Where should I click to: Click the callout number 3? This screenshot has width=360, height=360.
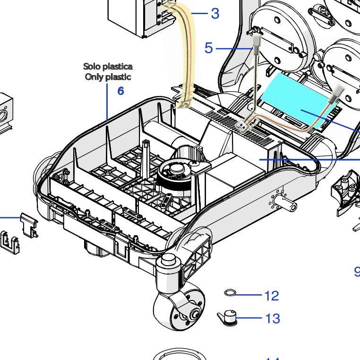[x=215, y=14]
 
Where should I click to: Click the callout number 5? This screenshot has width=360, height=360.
[x=209, y=48]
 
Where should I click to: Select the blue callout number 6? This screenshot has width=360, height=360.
[x=121, y=91]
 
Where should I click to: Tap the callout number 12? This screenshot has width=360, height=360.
[x=271, y=296]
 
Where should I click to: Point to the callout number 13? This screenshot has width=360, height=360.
[x=273, y=319]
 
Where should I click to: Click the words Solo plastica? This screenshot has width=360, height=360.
[x=108, y=67]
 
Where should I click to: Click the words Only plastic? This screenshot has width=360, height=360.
[x=108, y=77]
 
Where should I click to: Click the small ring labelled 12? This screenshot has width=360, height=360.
[x=230, y=294]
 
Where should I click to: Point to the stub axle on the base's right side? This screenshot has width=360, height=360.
[x=289, y=206]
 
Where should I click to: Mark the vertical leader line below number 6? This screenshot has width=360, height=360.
[x=108, y=102]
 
